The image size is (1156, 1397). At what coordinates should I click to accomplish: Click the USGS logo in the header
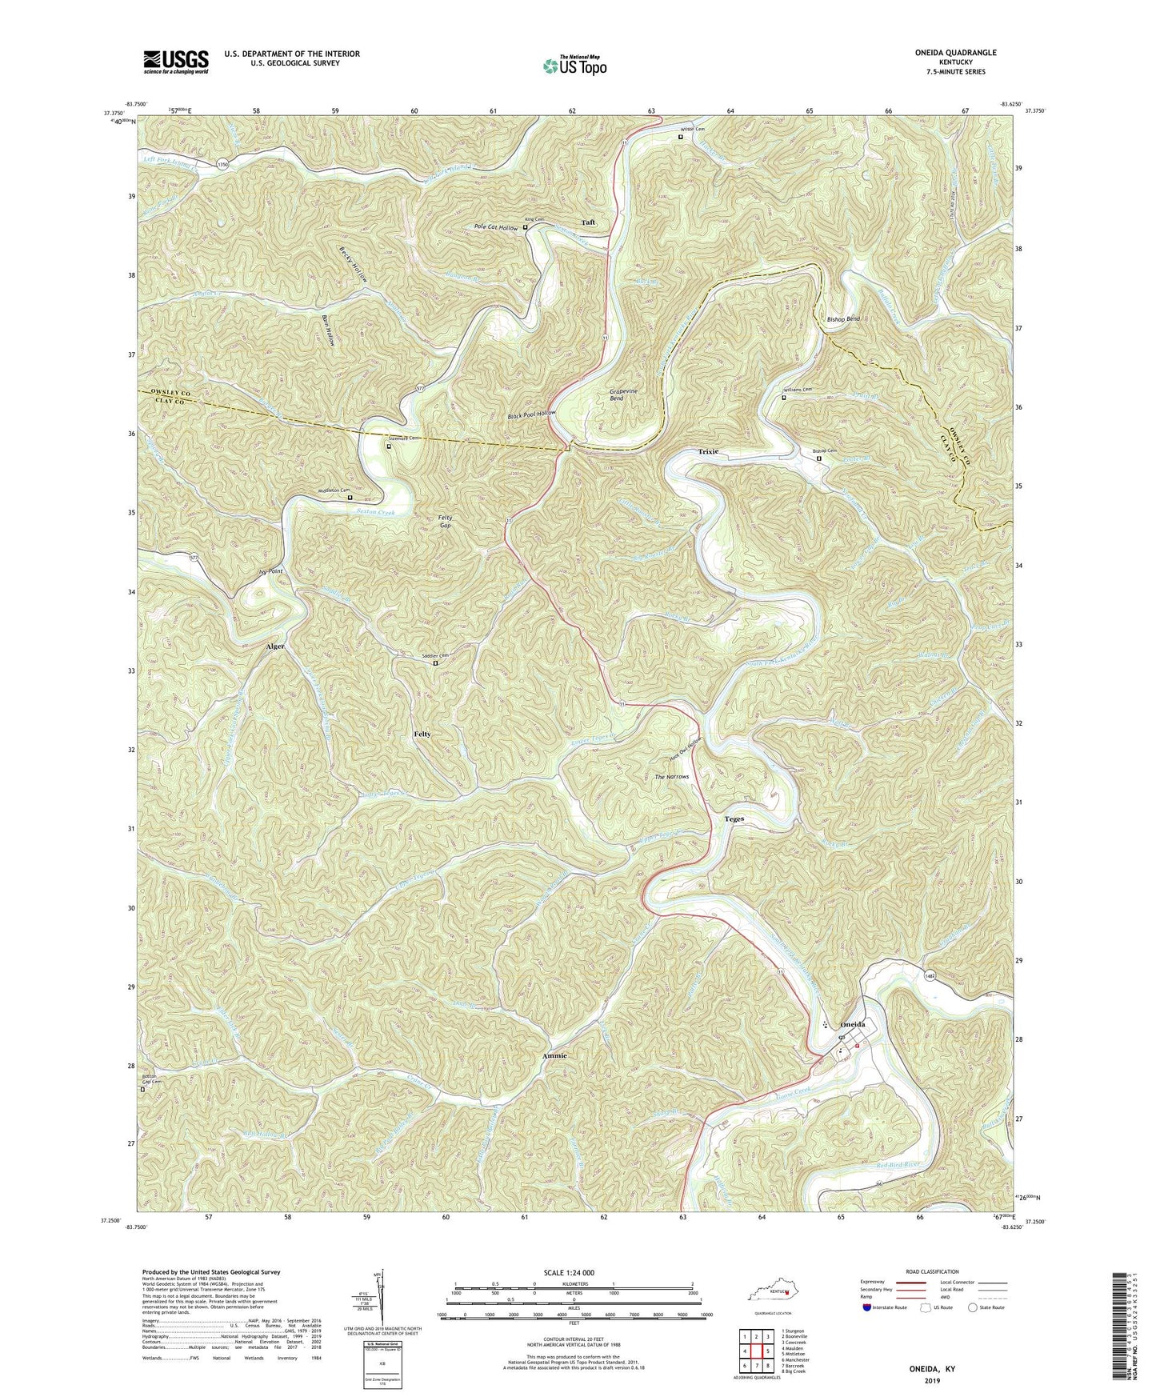coord(176,61)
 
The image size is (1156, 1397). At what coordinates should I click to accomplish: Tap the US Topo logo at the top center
coord(574,66)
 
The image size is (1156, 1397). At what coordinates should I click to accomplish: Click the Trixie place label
coord(708,451)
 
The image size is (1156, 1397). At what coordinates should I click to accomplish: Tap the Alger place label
coord(275,646)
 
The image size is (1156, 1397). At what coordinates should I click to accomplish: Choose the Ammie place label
coord(554,1055)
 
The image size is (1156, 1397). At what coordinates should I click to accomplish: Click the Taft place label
coord(589,222)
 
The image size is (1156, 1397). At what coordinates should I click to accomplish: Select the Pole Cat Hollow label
coord(495,228)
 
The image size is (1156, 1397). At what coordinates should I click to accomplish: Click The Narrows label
coord(671,777)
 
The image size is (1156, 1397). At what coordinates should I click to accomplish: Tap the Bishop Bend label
coord(842,319)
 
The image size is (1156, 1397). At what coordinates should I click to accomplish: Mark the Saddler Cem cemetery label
coord(435,656)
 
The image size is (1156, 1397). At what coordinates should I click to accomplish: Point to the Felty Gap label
coord(446,522)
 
